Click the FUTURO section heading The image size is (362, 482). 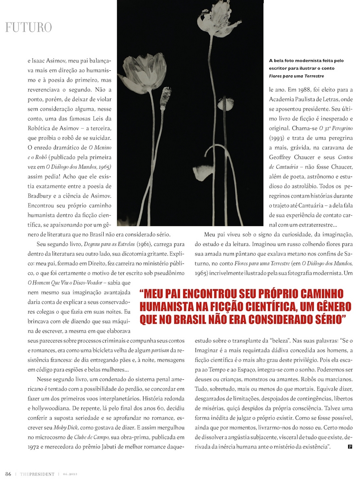28,27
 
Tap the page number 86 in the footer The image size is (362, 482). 8,474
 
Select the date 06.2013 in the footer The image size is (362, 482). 70,474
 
